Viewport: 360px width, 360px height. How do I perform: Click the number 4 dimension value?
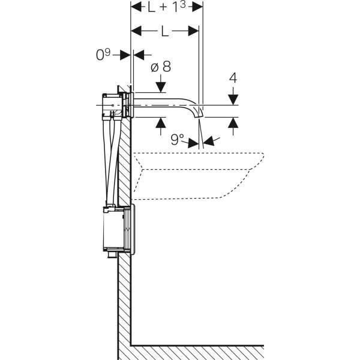(233, 79)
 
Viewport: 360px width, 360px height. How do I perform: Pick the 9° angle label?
(176, 140)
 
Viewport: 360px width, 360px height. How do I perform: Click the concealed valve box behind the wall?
(113, 104)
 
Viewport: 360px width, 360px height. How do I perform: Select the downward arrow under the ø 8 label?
(160, 86)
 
